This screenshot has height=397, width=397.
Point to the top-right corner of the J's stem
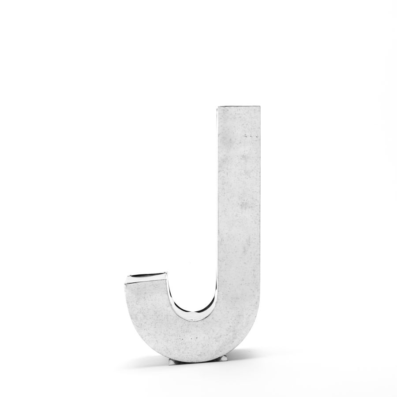click(x=260, y=107)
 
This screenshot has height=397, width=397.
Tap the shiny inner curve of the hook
click(x=190, y=311)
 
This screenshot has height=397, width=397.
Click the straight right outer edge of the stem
click(x=260, y=198)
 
